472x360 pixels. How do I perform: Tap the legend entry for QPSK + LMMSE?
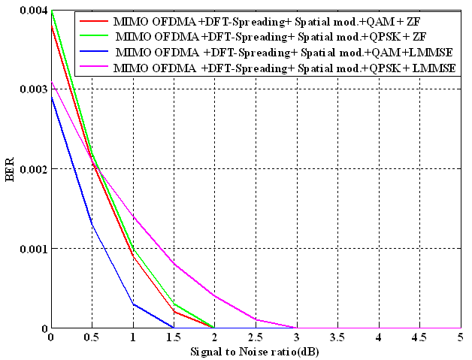[287, 68]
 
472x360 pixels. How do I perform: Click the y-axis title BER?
[10, 169]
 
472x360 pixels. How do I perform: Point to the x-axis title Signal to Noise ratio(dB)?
[254, 349]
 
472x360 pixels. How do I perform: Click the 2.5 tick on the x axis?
[256, 337]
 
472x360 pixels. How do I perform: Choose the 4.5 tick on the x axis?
[419, 337]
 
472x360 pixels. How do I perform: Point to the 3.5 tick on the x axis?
[337, 337]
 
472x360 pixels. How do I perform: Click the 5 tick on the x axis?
[460, 337]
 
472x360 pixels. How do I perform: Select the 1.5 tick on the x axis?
[174, 337]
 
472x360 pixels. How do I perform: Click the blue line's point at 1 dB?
[132, 304]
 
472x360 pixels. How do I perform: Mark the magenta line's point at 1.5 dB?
[174, 264]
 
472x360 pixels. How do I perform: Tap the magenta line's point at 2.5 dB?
[256, 319]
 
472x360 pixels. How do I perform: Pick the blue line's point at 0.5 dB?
[92, 224]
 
